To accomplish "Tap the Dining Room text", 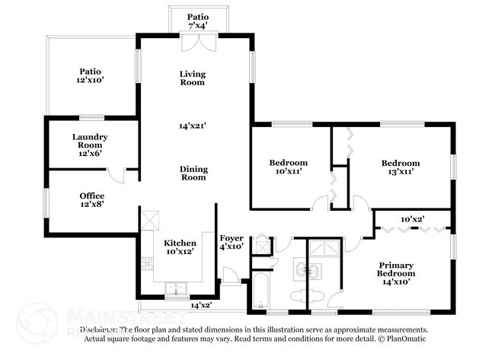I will click(x=193, y=173).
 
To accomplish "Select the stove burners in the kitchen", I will click(x=147, y=265).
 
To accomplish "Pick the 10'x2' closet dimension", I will click(x=412, y=219).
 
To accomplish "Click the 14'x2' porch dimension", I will click(x=200, y=305).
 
